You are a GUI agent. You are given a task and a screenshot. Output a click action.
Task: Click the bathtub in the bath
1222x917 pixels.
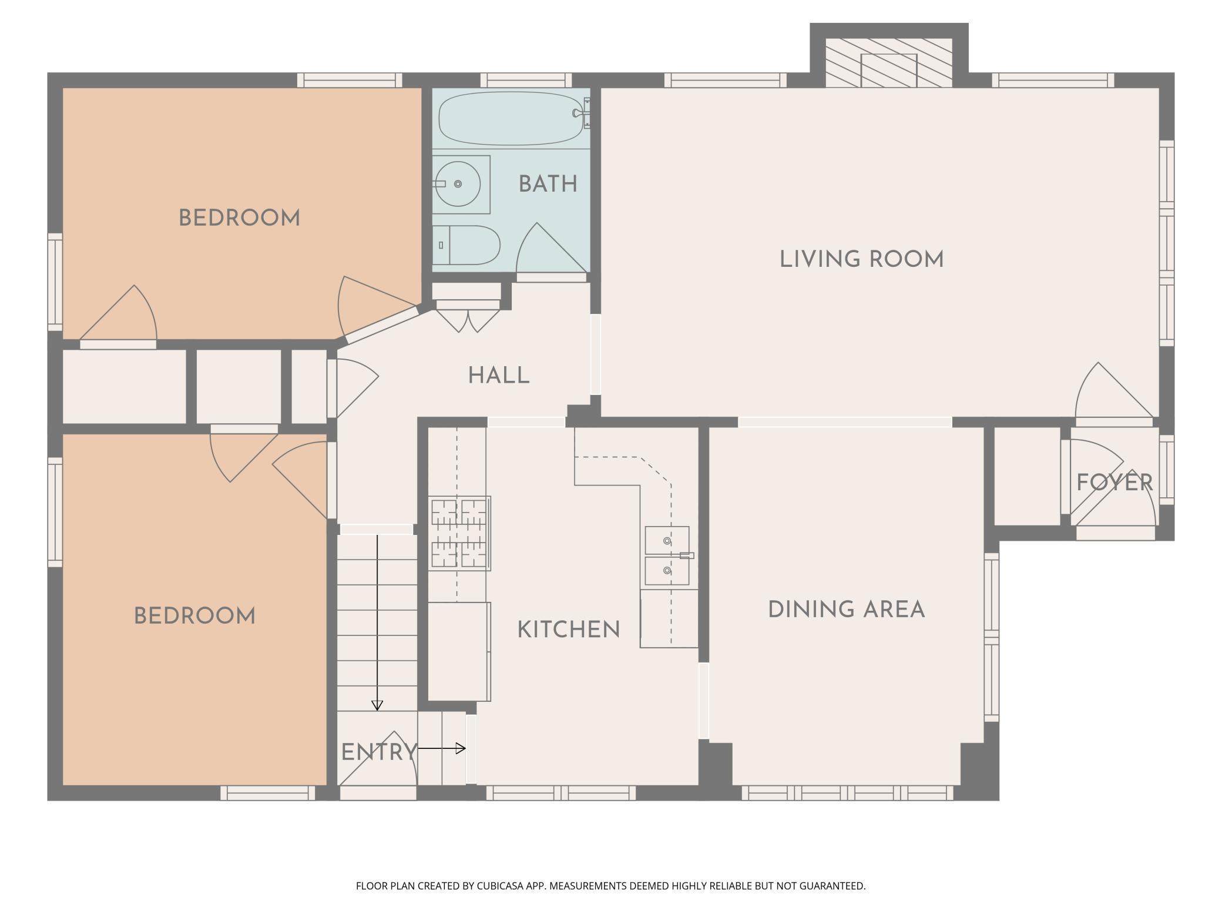pos(511,118)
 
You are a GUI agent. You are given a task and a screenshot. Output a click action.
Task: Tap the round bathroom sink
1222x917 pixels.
pos(458,184)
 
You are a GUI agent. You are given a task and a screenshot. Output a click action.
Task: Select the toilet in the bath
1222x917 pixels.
pos(470,245)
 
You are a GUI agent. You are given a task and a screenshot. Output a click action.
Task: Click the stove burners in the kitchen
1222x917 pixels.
pos(460,533)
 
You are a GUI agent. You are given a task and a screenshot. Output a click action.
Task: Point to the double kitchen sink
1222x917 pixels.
pos(667,556)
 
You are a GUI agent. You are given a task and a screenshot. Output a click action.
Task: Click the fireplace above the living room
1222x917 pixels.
pos(888,63)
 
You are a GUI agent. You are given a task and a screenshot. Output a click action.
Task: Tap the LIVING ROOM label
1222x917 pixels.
pos(861,259)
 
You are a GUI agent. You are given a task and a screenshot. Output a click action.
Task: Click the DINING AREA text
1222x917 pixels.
pos(847,610)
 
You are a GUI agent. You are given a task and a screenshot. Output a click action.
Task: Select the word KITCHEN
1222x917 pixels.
pos(568,630)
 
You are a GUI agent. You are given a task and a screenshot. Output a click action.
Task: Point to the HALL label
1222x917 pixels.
pos(499,375)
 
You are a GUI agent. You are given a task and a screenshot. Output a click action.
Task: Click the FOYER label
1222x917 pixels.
pos(1114,483)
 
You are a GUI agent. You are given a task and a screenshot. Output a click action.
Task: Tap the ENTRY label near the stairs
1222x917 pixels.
pos(378,752)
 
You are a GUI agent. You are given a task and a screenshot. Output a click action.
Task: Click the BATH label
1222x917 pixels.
pos(548,184)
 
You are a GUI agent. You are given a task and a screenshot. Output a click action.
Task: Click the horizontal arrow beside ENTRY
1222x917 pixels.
pos(442,748)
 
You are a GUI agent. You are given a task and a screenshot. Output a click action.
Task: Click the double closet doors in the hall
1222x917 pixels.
pos(468,320)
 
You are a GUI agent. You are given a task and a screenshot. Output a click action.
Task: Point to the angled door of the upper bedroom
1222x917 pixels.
pos(376,306)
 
